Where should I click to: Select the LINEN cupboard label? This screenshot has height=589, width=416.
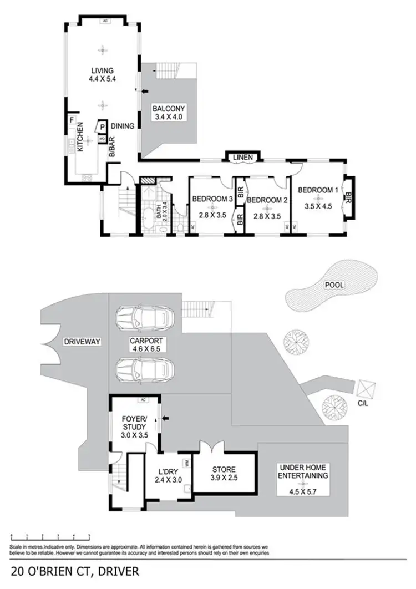pyautogui.click(x=243, y=158)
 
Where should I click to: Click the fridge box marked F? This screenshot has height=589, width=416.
pyautogui.click(x=72, y=120)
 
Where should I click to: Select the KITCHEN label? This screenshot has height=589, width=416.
pyautogui.click(x=80, y=138)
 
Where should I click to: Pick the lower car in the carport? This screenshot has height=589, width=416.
pyautogui.click(x=144, y=368)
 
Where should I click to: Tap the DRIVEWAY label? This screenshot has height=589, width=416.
pyautogui.click(x=82, y=342)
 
